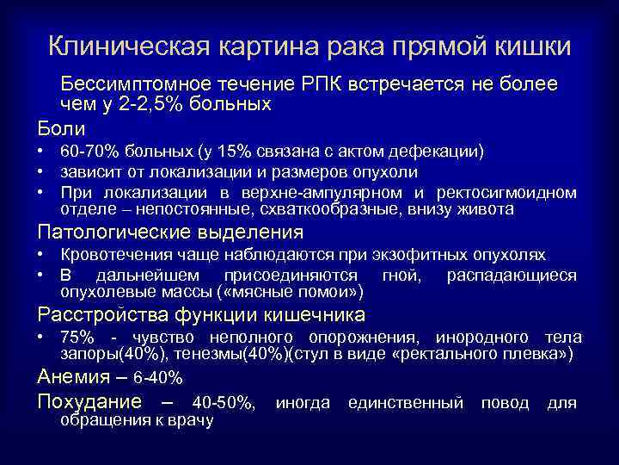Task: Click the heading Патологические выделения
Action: point(169,232)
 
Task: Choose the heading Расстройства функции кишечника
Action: point(200,314)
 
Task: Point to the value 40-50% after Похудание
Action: point(223,402)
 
